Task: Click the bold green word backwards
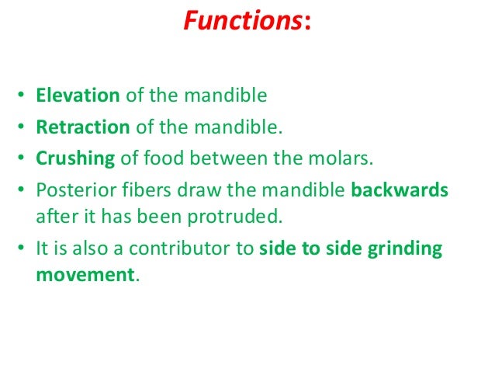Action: (400, 190)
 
